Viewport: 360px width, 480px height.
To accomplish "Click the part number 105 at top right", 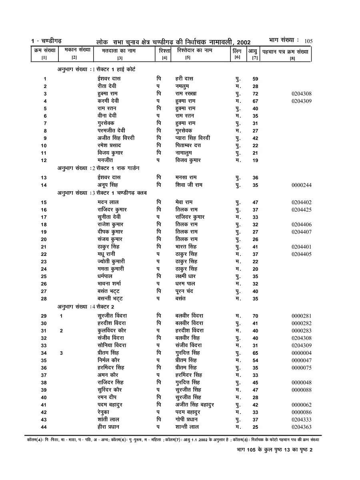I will [308, 41].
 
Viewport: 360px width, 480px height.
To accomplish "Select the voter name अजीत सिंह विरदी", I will [116, 138].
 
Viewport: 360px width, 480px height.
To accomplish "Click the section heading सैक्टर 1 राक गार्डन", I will [116, 168].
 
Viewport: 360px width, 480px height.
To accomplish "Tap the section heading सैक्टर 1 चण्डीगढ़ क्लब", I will [120, 193].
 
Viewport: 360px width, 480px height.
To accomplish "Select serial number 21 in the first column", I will [44, 247].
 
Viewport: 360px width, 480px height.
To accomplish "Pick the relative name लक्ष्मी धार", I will [186, 276].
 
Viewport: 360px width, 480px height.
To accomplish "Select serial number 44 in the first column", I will [44, 427].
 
